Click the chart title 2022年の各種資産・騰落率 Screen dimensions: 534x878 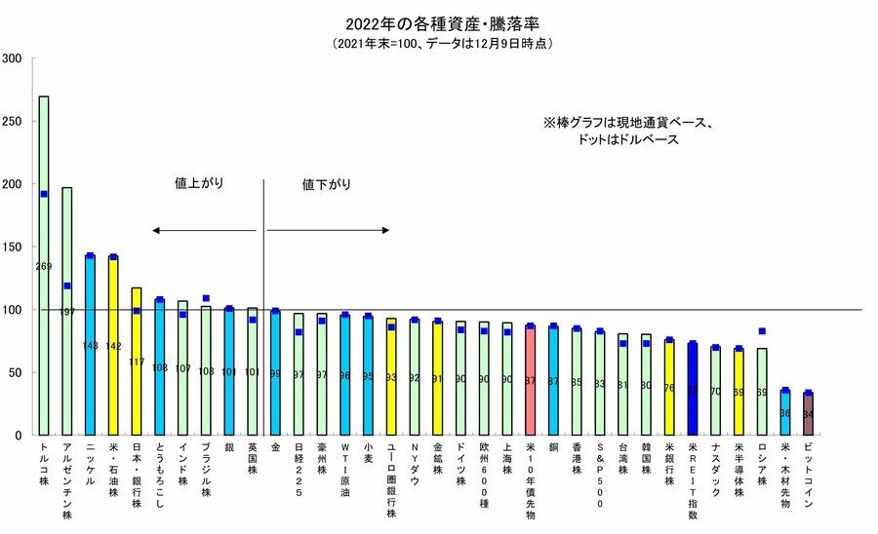tap(438, 22)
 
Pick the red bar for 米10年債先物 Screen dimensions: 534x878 tap(530, 380)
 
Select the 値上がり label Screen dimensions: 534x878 tap(199, 183)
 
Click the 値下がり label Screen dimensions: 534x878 tap(327, 183)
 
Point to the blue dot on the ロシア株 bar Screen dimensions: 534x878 tap(762, 331)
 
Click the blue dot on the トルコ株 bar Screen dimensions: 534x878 tap(44, 194)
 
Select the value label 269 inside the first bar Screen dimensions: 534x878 tap(44, 266)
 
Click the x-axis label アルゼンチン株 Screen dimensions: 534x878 tap(67, 475)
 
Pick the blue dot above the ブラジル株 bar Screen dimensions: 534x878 tap(206, 298)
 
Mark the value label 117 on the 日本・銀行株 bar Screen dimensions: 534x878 tap(137, 362)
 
